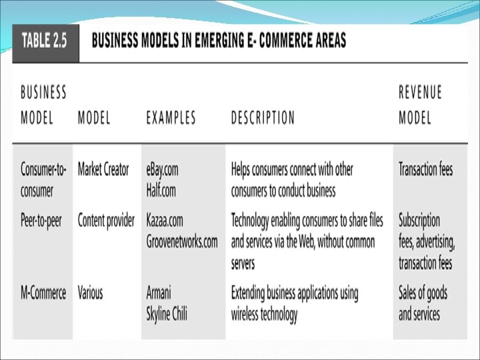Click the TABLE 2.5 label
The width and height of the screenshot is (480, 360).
pos(45,41)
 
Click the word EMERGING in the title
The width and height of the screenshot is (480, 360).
pos(219,41)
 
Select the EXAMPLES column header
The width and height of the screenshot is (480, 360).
pos(171,118)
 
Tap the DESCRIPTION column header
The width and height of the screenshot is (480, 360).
pos(263,118)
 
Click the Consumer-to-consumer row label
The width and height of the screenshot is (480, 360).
pos(43,180)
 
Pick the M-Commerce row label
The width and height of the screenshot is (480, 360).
pos(43,293)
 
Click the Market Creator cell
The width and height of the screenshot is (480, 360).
pos(103,169)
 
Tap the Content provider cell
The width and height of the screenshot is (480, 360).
pos(106,220)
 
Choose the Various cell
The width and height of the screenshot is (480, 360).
pos(91,293)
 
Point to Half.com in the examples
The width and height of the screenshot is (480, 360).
pos(161,191)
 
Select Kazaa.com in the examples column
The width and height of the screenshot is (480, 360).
pos(165,220)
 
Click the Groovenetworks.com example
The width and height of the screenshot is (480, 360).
pos(182,241)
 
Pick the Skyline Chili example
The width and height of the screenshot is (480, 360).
pos(167,314)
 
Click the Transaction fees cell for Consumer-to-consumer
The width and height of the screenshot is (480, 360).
pos(425,169)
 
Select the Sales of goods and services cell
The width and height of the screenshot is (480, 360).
pos(423,303)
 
